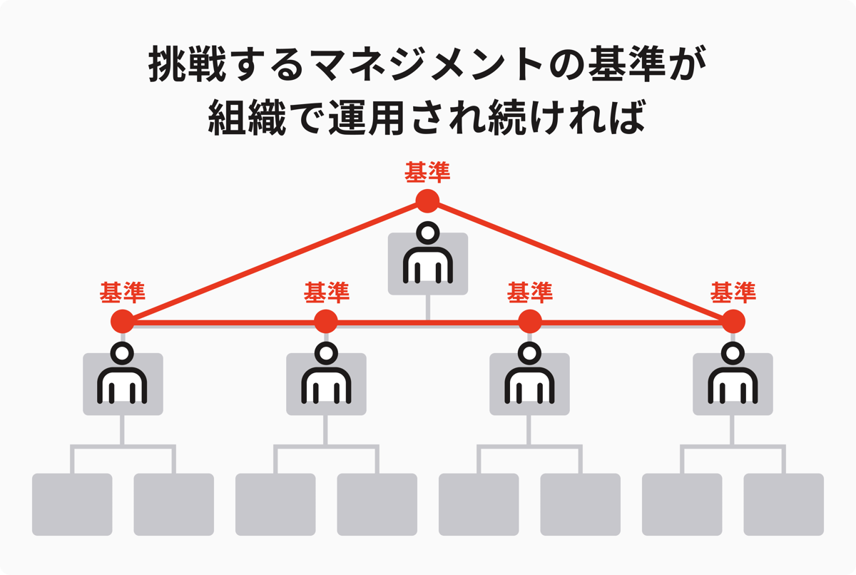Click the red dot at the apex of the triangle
(427, 201)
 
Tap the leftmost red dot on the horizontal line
(123, 321)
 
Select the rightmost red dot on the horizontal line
(733, 321)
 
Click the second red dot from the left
(326, 321)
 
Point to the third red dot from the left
(529, 321)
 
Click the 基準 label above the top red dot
(427, 173)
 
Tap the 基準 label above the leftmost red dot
(122, 292)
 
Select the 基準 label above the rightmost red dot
(733, 292)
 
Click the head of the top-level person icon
(427, 233)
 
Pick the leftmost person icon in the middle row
(122, 373)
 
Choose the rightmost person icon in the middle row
(733, 373)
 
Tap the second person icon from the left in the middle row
(326, 373)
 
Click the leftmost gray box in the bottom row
(72, 504)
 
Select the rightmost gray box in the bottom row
(783, 504)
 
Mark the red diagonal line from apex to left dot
(275, 261)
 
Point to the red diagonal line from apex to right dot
(580, 261)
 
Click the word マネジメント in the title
(426, 64)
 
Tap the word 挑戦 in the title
(187, 64)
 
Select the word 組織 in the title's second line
(247, 117)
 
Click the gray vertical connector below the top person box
(427, 308)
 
